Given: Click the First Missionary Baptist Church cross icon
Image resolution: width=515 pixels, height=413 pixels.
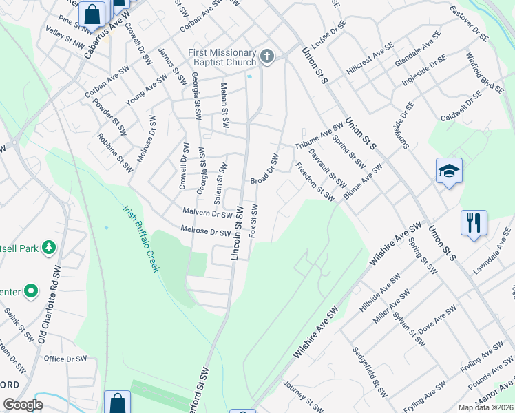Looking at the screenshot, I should tap(267, 57).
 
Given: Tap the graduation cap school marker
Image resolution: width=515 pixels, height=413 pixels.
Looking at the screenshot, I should tap(449, 171).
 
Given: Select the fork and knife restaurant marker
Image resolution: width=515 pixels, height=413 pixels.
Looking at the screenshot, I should tap(474, 223).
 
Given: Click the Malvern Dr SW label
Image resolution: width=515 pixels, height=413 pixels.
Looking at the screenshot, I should tap(206, 213).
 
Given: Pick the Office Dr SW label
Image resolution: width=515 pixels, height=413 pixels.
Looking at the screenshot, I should tap(65, 359).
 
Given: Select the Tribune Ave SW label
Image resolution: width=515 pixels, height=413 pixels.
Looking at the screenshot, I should tap(319, 136).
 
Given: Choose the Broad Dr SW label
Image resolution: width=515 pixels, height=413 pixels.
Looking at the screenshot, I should tap(264, 169).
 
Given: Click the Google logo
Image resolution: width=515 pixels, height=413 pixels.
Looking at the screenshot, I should tap(23, 405).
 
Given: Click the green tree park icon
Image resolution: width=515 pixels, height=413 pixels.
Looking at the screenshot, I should tap(48, 246).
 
